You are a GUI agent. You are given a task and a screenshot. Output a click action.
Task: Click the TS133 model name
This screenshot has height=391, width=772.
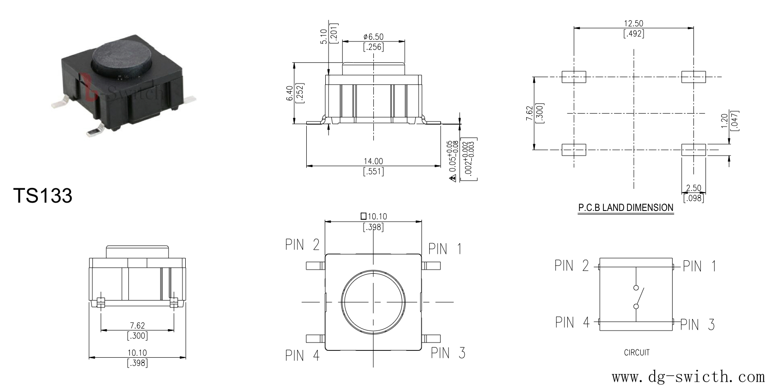coord(43,195)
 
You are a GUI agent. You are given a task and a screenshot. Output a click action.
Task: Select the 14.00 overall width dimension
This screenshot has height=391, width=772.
coord(373,161)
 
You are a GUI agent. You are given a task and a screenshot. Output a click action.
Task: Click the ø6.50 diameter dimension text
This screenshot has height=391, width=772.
coord(373,37)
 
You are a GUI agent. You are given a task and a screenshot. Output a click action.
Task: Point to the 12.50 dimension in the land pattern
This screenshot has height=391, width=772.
coord(633,24)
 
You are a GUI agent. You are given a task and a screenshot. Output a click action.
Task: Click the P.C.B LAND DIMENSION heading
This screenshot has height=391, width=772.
coord(626,208)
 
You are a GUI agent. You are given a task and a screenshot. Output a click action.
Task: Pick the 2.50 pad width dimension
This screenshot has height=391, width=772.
coord(693,188)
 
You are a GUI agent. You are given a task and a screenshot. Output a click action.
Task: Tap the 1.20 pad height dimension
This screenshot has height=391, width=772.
coord(724,120)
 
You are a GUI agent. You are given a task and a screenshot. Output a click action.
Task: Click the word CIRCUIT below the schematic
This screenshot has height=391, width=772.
coord(637,352)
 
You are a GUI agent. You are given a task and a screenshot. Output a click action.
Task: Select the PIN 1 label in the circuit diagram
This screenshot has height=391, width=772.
coord(699,266)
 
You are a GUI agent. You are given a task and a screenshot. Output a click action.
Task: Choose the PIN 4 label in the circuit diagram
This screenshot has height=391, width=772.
coord(572,322)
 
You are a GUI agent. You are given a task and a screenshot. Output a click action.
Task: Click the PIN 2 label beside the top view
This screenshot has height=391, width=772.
coord(302,245)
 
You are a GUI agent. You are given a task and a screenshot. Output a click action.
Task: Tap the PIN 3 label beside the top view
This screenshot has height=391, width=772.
coord(448,353)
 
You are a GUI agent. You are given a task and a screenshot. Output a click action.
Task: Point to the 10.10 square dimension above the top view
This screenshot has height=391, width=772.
coord(374,217)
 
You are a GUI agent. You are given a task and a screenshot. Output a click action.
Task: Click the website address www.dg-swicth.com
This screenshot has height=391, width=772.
coord(688,377)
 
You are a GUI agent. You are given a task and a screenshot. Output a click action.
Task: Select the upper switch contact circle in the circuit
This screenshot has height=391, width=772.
coord(636,288)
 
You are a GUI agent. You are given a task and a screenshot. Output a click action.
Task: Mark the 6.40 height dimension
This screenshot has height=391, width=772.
coord(290,93)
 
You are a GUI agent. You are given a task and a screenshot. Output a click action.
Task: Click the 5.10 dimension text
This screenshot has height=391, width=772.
coord(323,36)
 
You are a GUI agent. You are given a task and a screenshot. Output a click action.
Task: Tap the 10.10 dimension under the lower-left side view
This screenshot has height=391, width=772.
coord(137,353)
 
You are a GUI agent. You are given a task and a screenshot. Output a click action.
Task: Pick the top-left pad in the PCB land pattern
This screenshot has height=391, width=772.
coord(574,77)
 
